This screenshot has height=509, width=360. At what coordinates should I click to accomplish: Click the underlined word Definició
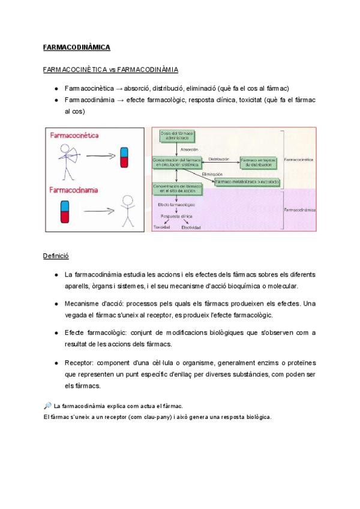(x=56, y=256)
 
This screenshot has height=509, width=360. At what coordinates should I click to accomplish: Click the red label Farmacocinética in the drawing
(x=74, y=137)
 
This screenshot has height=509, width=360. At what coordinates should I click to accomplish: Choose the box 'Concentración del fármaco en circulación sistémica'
(x=177, y=161)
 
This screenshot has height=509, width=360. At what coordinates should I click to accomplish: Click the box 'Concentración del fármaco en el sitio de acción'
(x=177, y=188)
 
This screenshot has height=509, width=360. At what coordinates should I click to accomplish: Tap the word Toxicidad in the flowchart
(x=163, y=228)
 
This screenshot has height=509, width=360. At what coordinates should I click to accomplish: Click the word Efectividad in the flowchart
(x=191, y=228)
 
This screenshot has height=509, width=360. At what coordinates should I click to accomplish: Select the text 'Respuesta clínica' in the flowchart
(x=177, y=215)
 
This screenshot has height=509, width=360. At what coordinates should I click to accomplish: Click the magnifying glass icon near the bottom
(x=47, y=406)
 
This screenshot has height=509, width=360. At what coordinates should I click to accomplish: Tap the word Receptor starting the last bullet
(x=77, y=363)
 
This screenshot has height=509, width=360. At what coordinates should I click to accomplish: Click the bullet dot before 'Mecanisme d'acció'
(x=56, y=304)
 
